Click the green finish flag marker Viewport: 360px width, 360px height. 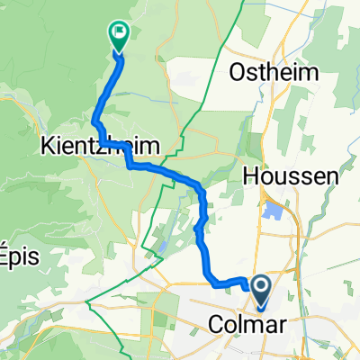[118, 34]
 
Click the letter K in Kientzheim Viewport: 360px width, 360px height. [45, 145]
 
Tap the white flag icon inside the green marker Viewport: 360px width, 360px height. [118, 31]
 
